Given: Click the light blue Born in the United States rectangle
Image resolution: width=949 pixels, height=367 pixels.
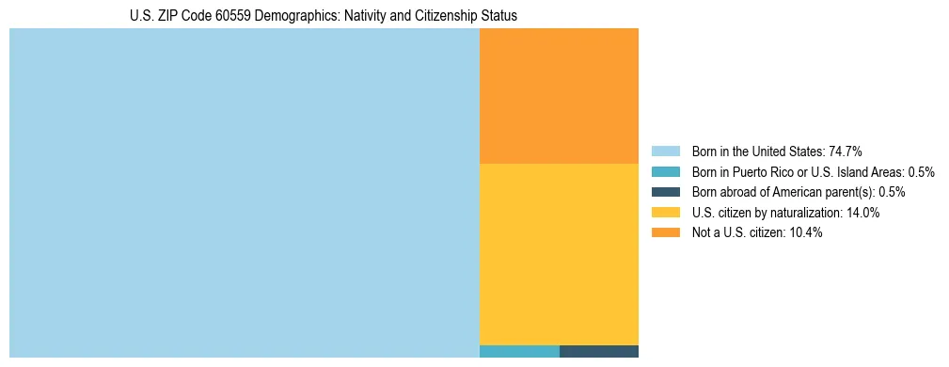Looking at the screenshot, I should (245, 193).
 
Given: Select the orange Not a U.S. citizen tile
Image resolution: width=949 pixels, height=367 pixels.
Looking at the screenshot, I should (559, 96).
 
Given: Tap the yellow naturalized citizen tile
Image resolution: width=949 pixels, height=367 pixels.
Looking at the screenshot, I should (559, 254).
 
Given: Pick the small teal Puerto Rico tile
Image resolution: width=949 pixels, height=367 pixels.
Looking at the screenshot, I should (519, 352).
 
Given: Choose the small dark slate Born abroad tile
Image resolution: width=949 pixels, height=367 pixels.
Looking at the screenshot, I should (599, 352).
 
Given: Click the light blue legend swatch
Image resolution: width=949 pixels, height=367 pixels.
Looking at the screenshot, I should (665, 152).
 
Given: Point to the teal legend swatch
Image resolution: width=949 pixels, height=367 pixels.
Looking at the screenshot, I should (665, 172).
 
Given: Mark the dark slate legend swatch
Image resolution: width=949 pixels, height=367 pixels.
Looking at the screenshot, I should (665, 192).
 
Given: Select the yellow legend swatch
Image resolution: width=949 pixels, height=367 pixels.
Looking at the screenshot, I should (665, 213).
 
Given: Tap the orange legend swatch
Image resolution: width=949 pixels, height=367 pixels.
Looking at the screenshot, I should (665, 232).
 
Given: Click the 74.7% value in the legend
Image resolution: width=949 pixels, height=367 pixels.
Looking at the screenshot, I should (846, 152).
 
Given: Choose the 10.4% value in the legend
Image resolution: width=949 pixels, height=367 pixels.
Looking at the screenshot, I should (806, 232).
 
